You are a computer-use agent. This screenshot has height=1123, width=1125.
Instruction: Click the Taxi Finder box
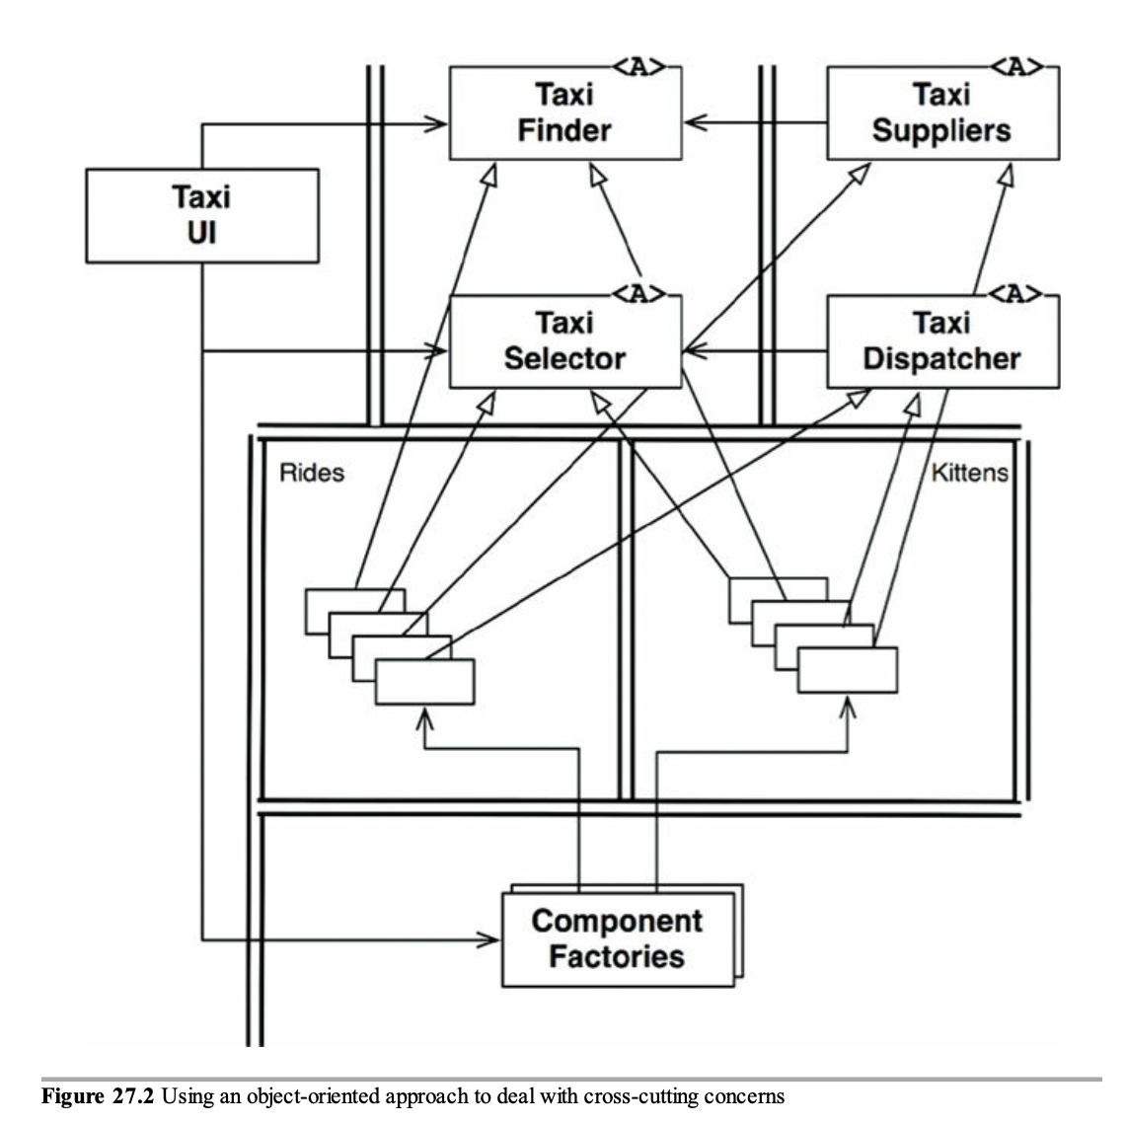564,112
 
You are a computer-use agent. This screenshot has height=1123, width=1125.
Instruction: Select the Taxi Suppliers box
941,112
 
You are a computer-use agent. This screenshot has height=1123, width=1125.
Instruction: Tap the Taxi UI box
201,214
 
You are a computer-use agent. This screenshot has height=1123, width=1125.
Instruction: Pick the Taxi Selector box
564,340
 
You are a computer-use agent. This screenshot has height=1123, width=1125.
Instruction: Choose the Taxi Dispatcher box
941,340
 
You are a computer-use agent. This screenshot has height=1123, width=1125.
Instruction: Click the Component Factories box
617,938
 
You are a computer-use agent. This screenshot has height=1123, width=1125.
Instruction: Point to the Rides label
312,473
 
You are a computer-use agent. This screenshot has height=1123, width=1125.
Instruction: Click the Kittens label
969,473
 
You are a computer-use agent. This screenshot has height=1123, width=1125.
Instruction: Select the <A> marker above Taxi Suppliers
1016,67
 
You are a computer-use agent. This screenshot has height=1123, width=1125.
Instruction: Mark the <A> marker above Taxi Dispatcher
1016,294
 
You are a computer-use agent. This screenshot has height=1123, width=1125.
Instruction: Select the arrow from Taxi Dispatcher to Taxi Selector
756,350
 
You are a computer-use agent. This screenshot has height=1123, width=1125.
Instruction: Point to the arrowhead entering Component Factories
489,939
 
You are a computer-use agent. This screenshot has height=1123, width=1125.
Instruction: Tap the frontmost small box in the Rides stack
424,681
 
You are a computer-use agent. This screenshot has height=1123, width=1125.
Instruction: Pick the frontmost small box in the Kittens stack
847,670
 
